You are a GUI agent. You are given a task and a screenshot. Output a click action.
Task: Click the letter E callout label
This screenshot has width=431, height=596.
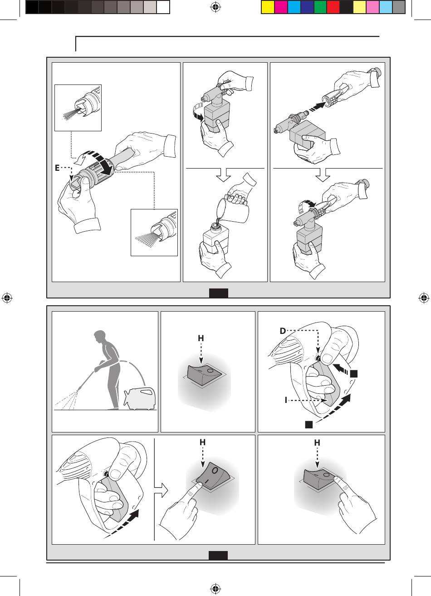pyautogui.click(x=57, y=168)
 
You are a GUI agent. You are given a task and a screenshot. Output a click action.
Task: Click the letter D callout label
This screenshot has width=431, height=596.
pyautogui.click(x=283, y=331)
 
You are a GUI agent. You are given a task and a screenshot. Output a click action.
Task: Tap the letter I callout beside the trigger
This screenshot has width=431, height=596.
pyautogui.click(x=286, y=400)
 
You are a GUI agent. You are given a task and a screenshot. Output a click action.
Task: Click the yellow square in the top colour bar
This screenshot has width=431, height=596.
pyautogui.click(x=268, y=7)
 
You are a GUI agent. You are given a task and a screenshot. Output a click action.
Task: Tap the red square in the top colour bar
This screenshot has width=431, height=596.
pyautogui.click(x=333, y=7)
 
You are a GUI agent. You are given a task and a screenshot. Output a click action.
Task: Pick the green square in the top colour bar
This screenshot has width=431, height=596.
pyautogui.click(x=320, y=7)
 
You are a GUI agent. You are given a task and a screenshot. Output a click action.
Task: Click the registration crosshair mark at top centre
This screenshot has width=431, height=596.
pyautogui.click(x=215, y=7)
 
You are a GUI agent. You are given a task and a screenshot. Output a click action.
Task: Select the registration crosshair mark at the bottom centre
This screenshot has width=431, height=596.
pyautogui.click(x=215, y=588)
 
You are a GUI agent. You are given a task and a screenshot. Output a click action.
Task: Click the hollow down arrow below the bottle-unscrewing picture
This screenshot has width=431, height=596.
pyautogui.click(x=224, y=175)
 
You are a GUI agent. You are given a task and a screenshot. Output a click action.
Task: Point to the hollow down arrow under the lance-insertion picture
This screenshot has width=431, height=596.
pyautogui.click(x=323, y=175)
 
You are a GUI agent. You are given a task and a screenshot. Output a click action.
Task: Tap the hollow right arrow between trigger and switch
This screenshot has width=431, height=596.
pyautogui.click(x=161, y=490)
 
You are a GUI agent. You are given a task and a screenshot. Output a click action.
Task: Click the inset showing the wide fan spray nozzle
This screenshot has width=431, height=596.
pyautogui.click(x=154, y=233)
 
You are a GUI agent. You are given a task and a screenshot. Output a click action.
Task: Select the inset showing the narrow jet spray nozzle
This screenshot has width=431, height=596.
pyautogui.click(x=78, y=108)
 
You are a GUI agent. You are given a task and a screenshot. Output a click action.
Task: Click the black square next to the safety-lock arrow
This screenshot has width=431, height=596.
pyautogui.click(x=354, y=373)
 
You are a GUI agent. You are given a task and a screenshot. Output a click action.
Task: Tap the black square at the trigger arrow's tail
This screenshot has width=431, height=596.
pyautogui.click(x=309, y=424)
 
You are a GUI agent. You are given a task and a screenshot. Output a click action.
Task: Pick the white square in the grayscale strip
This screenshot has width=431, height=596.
pyautogui.click(x=163, y=7)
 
